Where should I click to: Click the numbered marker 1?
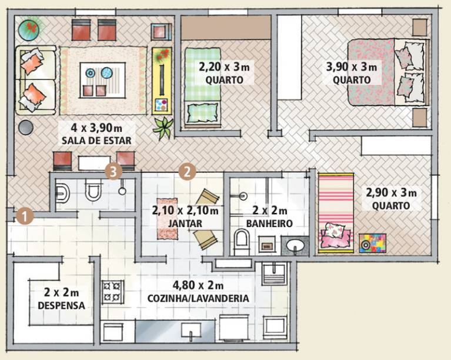click(25, 216)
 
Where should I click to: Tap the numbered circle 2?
click(187, 172)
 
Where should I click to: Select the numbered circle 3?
click(113, 172)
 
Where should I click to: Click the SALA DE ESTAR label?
click(96, 141)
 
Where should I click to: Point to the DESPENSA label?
click(62, 306)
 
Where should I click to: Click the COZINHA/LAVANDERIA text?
click(198, 298)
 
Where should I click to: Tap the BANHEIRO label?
click(269, 224)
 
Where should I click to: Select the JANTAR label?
click(185, 224)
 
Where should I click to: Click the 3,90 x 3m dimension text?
click(352, 67)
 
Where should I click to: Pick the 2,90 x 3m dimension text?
click(391, 193)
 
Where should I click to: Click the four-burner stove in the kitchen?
click(112, 292)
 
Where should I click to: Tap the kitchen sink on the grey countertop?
click(191, 332)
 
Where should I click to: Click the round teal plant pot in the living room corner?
click(29, 29)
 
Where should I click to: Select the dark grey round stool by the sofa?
click(26, 127)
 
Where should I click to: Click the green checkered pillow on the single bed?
click(202, 113)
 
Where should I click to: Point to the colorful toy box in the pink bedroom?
click(372, 244)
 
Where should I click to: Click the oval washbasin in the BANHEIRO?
click(295, 245)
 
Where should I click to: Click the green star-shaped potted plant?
click(163, 128)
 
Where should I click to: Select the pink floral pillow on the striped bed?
click(335, 230)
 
